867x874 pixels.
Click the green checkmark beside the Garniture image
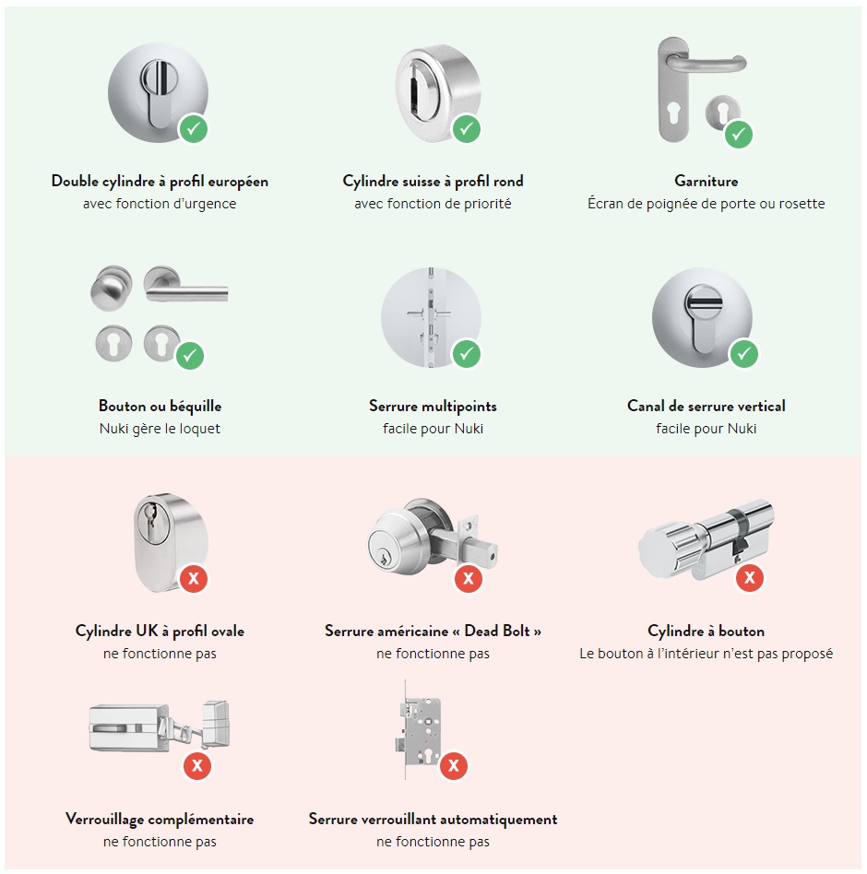(738, 134)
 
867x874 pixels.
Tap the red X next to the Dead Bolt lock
(469, 579)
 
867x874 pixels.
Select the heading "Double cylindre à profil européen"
(160, 182)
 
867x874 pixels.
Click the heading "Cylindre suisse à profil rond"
(433, 182)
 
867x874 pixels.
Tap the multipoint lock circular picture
(430, 316)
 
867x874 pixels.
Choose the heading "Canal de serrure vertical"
(706, 407)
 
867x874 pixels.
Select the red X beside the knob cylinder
(749, 579)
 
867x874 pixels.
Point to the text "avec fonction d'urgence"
(160, 204)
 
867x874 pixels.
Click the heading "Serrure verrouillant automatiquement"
(433, 820)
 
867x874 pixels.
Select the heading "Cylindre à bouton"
(706, 632)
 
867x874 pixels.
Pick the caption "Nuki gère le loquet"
(160, 429)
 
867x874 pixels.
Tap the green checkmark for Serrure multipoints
(467, 353)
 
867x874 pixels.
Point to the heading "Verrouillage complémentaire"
(160, 820)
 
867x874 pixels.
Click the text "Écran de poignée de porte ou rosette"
(706, 204)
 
